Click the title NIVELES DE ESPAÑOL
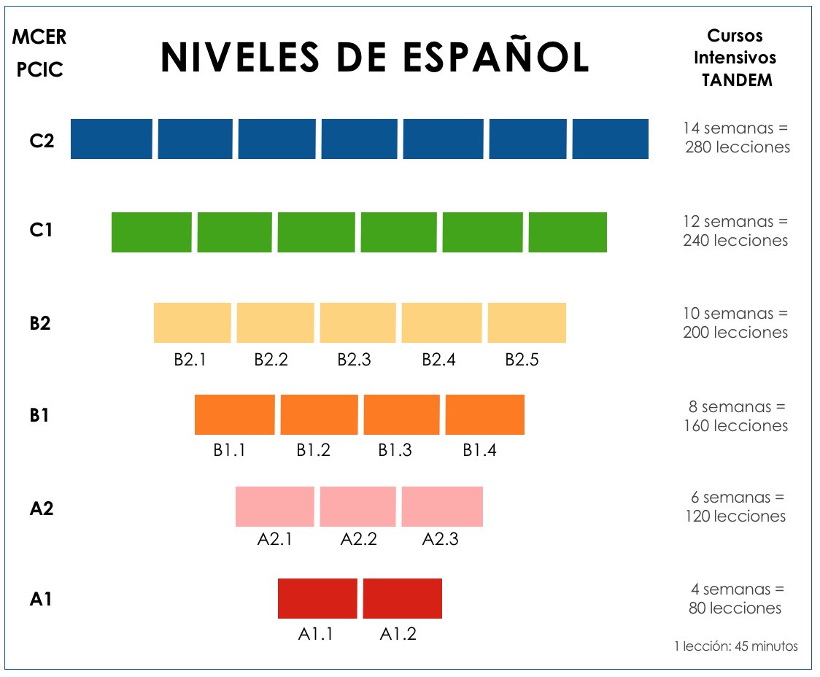374,58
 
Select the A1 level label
41,599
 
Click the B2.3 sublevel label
354,359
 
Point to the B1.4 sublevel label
479,450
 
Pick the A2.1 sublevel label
275,540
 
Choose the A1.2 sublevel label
398,633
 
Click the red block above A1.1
317,598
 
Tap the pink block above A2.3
442,506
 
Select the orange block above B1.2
319,414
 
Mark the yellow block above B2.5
527,322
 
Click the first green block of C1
151,232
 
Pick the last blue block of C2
611,139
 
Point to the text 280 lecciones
738,147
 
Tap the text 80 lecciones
735,608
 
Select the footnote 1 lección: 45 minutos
736,646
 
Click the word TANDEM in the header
737,80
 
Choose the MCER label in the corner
39,36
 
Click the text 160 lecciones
736,425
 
